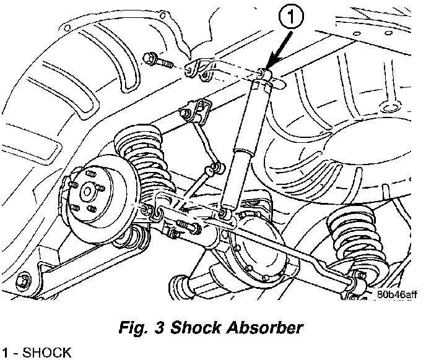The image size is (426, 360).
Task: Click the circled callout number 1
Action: point(290,17)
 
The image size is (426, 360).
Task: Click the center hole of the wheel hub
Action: point(87,192)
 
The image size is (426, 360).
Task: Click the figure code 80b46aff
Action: point(397,294)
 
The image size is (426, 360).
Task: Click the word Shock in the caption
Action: point(196,327)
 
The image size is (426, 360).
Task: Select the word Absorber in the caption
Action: point(264,327)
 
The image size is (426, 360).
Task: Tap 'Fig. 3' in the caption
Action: point(141,327)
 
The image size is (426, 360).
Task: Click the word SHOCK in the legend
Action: point(46,353)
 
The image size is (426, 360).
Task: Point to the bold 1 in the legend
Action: point(6,353)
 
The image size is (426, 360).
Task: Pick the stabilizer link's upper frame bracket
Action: point(195,110)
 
